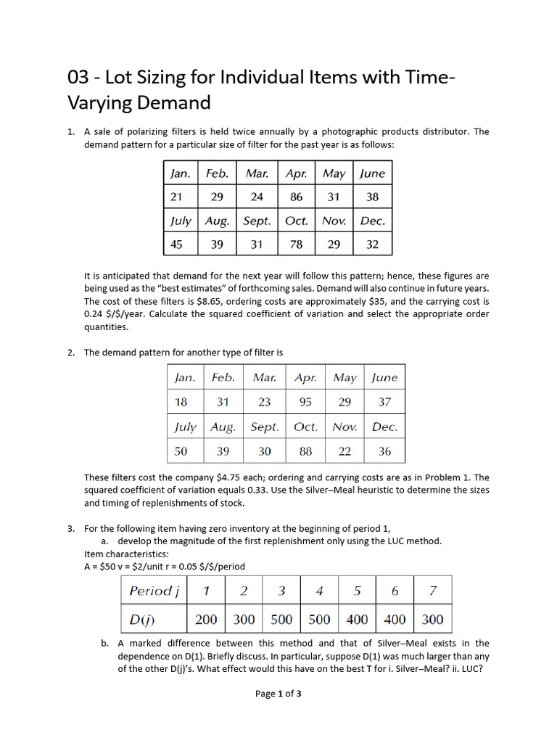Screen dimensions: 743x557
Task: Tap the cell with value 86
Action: point(296,197)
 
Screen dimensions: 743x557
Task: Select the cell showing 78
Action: point(296,245)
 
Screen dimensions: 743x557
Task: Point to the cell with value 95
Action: point(306,401)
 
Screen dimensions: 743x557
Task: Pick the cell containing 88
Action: point(306,451)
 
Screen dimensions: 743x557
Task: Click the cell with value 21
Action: point(176,197)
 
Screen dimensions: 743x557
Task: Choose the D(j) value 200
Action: point(206,620)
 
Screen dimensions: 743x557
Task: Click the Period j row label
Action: point(154,591)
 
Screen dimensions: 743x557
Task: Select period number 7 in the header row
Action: point(432,591)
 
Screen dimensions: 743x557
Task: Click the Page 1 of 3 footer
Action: point(278,694)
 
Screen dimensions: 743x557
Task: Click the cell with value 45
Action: point(176,245)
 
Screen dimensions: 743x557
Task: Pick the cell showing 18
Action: point(181,401)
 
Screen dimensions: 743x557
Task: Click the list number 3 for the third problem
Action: point(70,528)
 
